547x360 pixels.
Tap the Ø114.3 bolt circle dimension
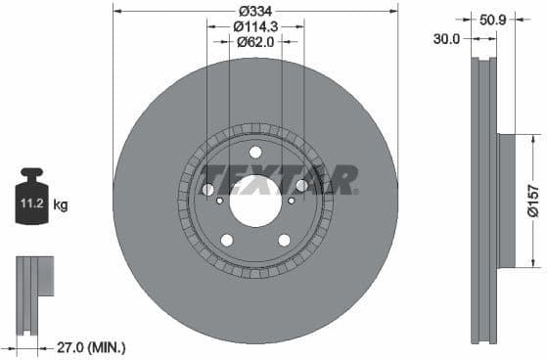tap(255, 27)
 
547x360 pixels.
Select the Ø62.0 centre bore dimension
tap(255, 43)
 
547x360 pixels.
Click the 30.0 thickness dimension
tap(448, 38)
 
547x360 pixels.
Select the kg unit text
tap(61, 205)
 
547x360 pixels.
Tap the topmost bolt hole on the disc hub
tap(255, 152)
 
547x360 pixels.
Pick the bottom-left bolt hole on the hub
tap(227, 240)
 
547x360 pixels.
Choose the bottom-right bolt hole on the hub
tap(285, 240)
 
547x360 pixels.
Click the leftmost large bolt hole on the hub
tap(208, 189)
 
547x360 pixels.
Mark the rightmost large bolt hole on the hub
tap(302, 186)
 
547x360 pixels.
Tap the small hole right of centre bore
tap(290, 199)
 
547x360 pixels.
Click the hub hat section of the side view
tap(506, 200)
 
